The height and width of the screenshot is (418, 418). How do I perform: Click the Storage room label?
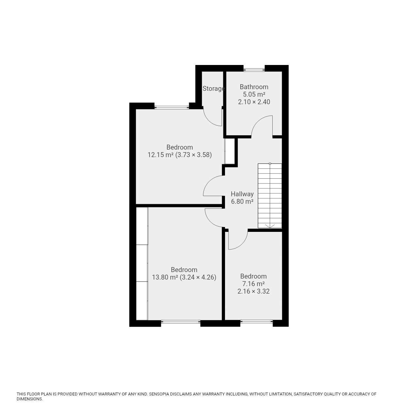point(214,88)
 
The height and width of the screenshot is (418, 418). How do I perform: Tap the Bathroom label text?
point(254,87)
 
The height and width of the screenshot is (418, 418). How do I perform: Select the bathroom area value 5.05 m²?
point(254,94)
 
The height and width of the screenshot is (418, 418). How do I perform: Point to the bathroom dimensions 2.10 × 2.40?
point(254,102)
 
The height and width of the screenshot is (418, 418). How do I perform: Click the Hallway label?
point(242,194)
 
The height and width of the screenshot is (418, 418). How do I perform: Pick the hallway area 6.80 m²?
point(242,201)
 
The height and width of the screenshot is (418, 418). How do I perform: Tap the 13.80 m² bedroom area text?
point(165,277)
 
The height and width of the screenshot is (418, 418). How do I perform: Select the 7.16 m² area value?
point(253,284)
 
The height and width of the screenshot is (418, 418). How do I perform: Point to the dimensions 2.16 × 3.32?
point(253,291)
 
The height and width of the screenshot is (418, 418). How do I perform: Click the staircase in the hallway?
point(270,195)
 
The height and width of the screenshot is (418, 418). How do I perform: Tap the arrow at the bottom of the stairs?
point(270,226)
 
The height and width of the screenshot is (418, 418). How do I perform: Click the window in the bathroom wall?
point(254,70)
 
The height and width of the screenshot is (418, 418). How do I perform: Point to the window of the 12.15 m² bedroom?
point(171,107)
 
